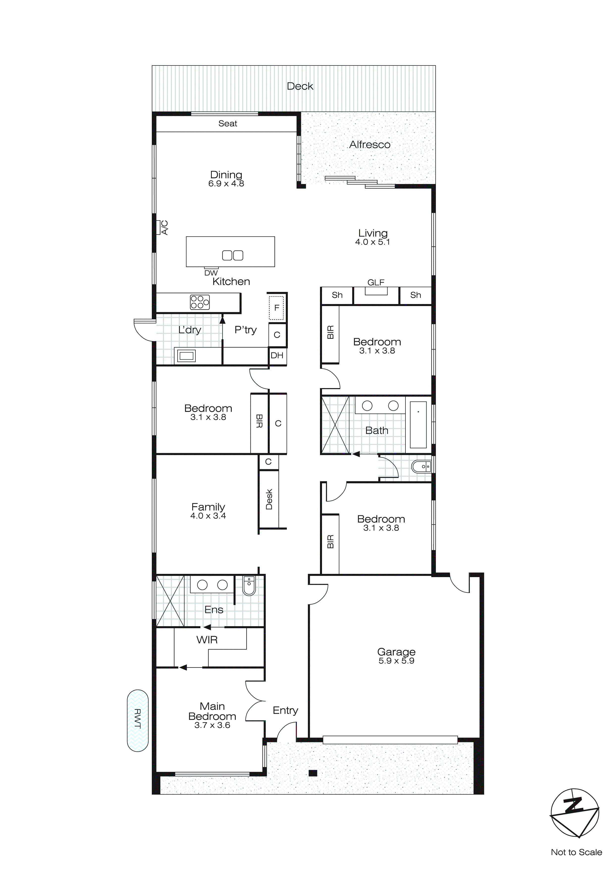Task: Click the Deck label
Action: (x=300, y=86)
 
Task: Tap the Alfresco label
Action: (x=369, y=145)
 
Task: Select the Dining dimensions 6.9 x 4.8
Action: (x=226, y=184)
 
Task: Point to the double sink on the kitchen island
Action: (x=233, y=255)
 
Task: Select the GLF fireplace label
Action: (x=376, y=282)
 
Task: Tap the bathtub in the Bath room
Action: (x=418, y=425)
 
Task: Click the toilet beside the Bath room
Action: (x=421, y=467)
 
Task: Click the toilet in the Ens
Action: (x=249, y=586)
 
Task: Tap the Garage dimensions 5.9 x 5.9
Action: (x=396, y=661)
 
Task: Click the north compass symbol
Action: (x=574, y=813)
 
